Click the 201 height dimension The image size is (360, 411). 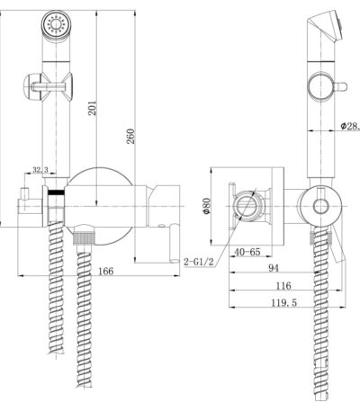click(x=94, y=108)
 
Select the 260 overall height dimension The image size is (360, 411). click(x=130, y=137)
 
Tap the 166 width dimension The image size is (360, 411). click(x=106, y=271)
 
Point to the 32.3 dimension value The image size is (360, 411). click(x=40, y=170)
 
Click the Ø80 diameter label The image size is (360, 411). click(x=207, y=206)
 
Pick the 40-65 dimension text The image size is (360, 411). click(x=247, y=252)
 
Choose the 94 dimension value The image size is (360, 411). click(x=274, y=268)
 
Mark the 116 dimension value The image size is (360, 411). click(x=283, y=286)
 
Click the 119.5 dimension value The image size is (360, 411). click(x=284, y=303)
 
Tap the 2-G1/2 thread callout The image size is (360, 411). click(x=199, y=263)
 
